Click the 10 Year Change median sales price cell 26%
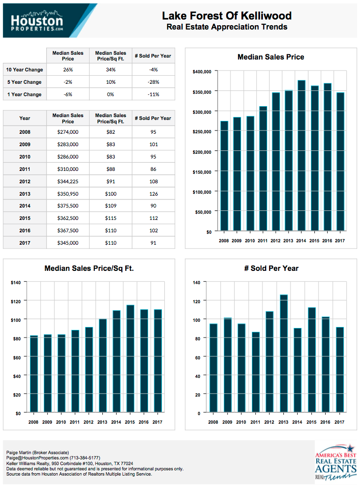68,70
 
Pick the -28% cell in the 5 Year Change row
153,82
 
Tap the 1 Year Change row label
24,94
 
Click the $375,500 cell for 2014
68,206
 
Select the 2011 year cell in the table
24,169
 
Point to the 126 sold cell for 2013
153,194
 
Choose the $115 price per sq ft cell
110,219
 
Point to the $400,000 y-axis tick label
201,71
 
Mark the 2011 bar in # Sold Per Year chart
256,372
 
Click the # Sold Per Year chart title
271,268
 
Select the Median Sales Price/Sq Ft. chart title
89,268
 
